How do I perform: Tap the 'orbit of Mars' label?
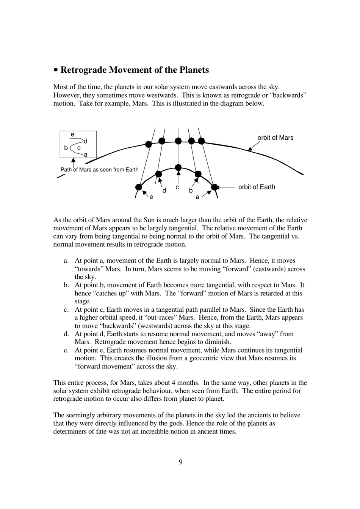point(275,138)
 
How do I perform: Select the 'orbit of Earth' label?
point(257,187)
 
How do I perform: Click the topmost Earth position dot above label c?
point(178,168)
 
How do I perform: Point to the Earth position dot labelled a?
point(214,187)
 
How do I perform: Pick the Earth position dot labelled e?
point(139,187)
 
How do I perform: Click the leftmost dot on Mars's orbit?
point(149,144)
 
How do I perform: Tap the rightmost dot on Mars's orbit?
point(201,141)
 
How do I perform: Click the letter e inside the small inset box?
point(72,134)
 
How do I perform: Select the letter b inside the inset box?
point(66,148)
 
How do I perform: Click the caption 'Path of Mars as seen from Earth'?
point(100,170)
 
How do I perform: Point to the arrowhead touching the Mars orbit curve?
point(250,149)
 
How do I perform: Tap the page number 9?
point(180,462)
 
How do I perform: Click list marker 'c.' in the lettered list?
point(66,310)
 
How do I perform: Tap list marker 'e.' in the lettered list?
point(66,350)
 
